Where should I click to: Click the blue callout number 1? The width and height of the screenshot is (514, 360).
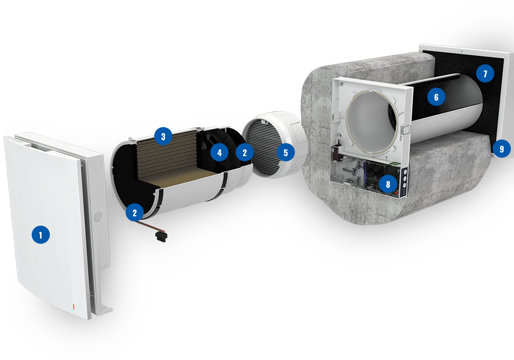tap(40, 234)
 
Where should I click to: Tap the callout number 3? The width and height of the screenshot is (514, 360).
tap(163, 136)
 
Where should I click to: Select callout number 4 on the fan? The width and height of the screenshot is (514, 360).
tap(219, 153)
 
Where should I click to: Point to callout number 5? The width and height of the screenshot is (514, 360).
tap(286, 153)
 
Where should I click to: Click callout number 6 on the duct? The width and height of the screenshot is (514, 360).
tap(436, 97)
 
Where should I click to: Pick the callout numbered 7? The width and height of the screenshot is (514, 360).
tap(485, 73)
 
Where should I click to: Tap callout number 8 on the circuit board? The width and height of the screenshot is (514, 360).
tap(388, 184)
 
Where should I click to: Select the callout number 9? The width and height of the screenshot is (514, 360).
tap(501, 149)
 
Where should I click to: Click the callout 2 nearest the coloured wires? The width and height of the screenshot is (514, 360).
tap(134, 213)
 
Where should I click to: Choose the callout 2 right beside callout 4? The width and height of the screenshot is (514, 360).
tap(245, 153)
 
